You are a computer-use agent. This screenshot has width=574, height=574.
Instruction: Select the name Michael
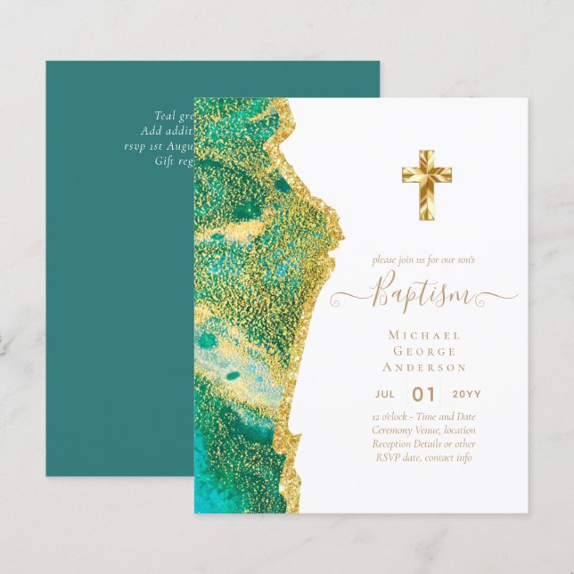pos(424,335)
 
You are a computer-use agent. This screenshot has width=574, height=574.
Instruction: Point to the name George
pos(424,351)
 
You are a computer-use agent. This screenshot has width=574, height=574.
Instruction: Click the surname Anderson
pos(424,367)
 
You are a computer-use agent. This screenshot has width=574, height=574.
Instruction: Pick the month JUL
pos(385,394)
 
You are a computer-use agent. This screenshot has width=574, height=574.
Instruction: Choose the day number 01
pos(424,394)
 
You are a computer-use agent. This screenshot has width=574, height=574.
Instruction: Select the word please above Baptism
pos(385,260)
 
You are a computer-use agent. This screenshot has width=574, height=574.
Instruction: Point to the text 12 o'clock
pos(391,416)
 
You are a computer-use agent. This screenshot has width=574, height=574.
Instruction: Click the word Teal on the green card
pos(164,115)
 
